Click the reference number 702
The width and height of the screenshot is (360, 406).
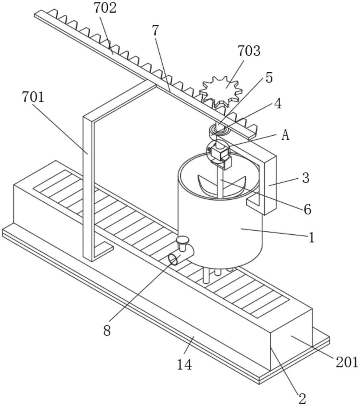click(105, 8)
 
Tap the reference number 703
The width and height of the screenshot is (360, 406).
click(249, 51)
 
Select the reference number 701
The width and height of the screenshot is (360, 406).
click(33, 97)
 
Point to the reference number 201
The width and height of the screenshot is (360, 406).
click(347, 362)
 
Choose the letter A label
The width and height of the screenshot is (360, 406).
click(285, 135)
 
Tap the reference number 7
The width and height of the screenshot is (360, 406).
click(155, 31)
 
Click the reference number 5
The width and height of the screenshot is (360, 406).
click(269, 78)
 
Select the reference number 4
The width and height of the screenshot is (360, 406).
click(278, 104)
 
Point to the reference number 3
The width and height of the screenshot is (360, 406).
click(306, 178)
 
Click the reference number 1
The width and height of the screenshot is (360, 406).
click(312, 237)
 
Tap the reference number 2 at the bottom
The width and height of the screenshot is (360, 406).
click(302, 399)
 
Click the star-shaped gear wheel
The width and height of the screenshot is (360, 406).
click(221, 91)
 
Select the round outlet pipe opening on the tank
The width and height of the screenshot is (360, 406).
click(173, 259)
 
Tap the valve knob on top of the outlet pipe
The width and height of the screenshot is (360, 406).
click(183, 243)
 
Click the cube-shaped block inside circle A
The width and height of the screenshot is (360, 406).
click(219, 153)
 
